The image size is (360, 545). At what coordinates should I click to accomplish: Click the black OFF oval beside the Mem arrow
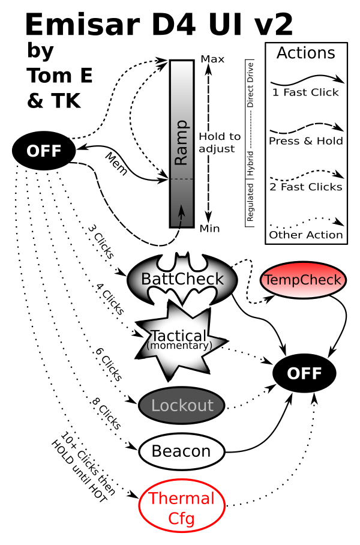click(x=44, y=151)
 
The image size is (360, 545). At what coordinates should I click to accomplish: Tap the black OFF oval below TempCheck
click(x=304, y=373)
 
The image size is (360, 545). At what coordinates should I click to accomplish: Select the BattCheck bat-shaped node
click(x=182, y=279)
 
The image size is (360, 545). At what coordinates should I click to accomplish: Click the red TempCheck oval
click(x=304, y=280)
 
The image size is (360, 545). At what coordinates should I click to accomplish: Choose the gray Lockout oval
click(x=182, y=406)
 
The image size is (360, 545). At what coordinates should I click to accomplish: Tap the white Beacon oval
click(x=181, y=451)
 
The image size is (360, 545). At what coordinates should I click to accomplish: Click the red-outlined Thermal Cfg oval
click(x=182, y=508)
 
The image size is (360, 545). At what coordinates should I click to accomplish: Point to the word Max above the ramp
click(x=212, y=59)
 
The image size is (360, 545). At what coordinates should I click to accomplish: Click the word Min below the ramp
click(x=209, y=229)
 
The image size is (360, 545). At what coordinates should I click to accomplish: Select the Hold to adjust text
click(x=220, y=142)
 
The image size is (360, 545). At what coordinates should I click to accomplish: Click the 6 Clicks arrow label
click(x=109, y=364)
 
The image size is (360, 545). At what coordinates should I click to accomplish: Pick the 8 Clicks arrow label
click(x=106, y=413)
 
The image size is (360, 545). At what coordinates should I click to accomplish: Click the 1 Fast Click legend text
click(x=305, y=92)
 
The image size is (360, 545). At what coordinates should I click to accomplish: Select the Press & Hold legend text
click(x=306, y=141)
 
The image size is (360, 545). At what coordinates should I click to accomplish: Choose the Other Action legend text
click(x=306, y=235)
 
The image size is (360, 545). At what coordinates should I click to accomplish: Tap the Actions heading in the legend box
click(x=306, y=53)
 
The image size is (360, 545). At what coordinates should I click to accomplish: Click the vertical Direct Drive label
click(x=250, y=85)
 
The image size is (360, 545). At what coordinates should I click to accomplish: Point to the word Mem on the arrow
click(x=116, y=163)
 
